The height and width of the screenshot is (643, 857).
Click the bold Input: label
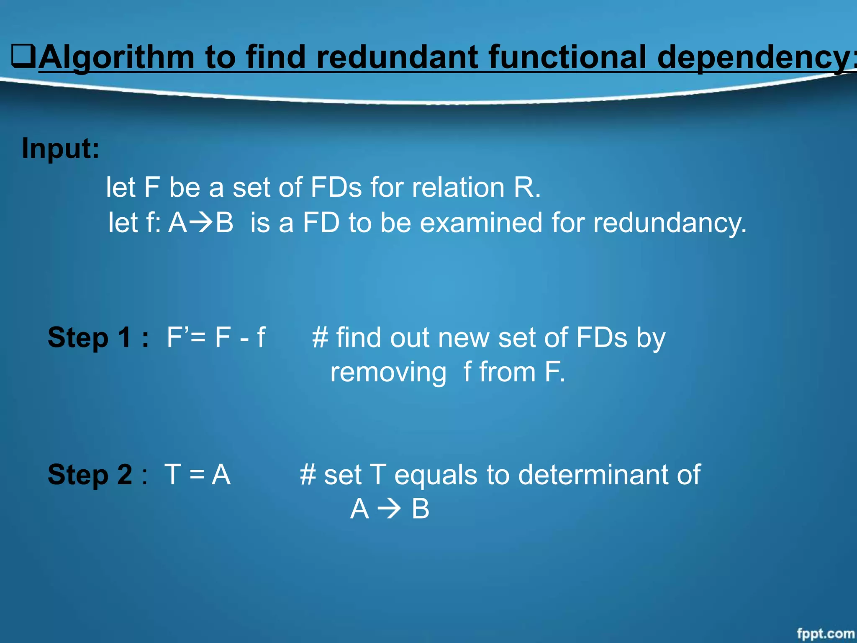[61, 148]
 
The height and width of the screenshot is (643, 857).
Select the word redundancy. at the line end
[670, 223]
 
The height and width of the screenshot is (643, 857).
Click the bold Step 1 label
[98, 337]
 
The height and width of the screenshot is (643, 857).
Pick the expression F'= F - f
[216, 337]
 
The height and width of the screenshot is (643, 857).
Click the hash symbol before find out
[320, 337]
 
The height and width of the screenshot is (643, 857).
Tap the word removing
[388, 372]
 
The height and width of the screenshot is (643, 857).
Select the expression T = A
[198, 475]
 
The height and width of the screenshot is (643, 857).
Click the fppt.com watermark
[825, 633]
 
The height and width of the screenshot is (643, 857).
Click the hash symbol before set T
[308, 475]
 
